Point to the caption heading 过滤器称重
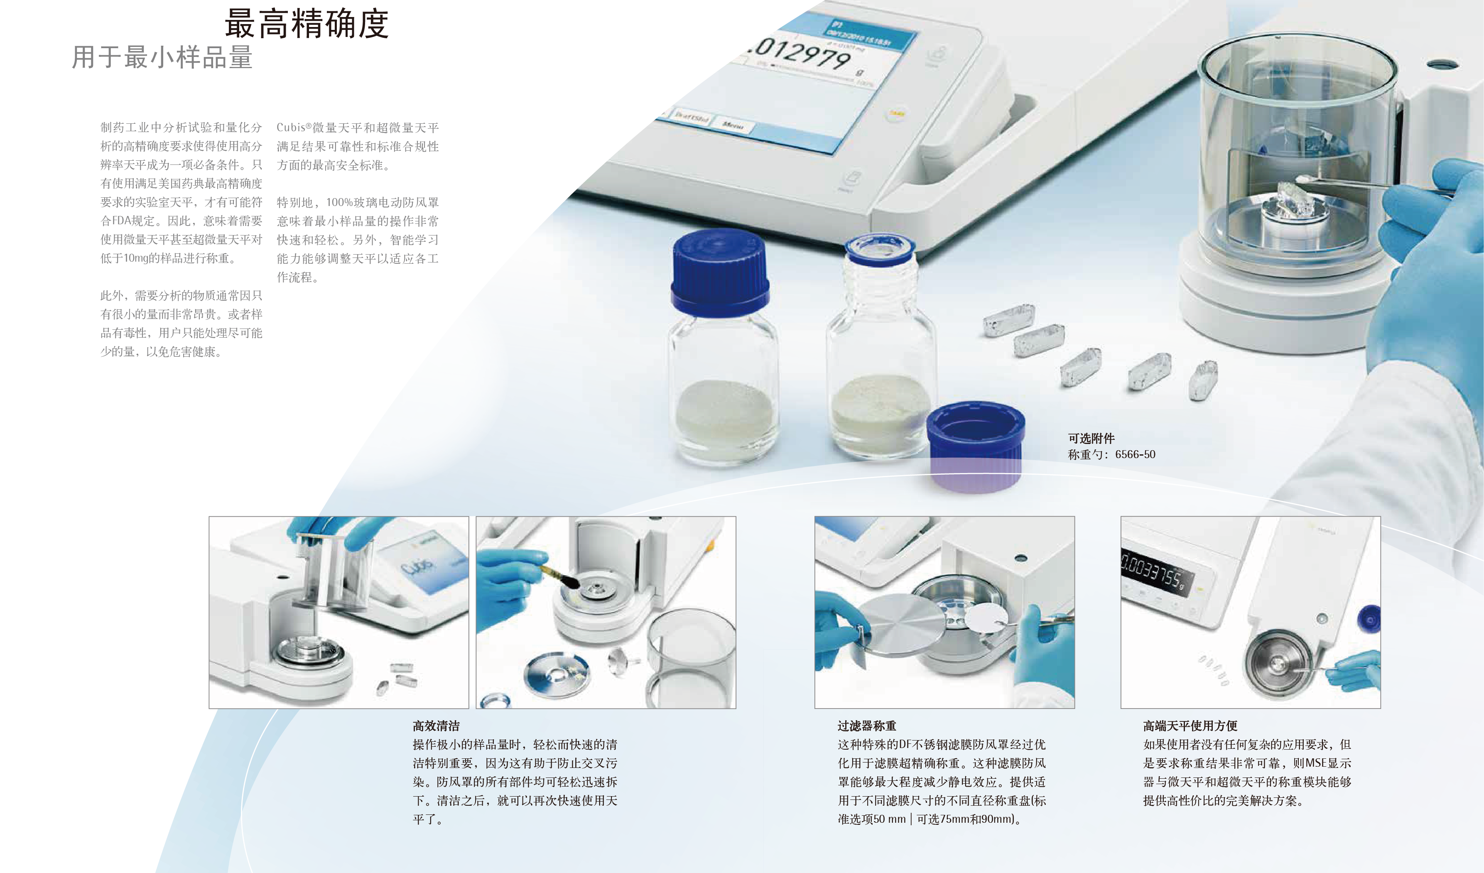(x=867, y=726)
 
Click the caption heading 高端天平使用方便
(x=1190, y=726)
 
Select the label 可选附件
(x=1091, y=438)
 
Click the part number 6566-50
(x=1136, y=454)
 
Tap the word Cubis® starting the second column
(x=294, y=127)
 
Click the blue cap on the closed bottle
(x=720, y=272)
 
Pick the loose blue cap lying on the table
(x=976, y=446)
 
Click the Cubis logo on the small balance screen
(x=417, y=566)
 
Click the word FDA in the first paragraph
(x=121, y=221)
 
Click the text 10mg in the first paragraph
(x=135, y=258)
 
